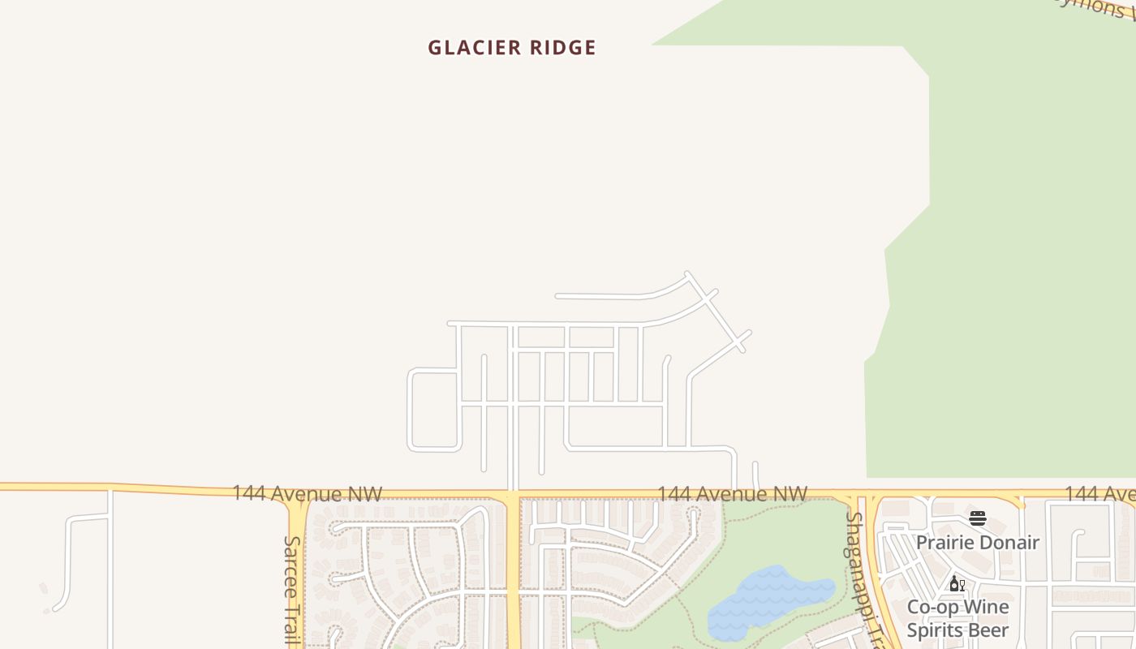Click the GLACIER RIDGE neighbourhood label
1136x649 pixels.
(x=512, y=48)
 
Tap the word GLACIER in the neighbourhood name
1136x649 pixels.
(x=475, y=48)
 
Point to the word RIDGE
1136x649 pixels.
(x=563, y=48)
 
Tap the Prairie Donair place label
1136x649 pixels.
(x=977, y=543)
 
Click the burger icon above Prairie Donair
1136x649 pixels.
(x=977, y=519)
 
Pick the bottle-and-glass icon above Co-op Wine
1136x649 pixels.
(x=957, y=584)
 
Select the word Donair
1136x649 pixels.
(x=1009, y=543)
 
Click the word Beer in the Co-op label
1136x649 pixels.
(x=987, y=630)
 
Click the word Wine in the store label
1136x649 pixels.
(x=986, y=608)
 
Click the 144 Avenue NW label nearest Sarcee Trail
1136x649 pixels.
(x=307, y=493)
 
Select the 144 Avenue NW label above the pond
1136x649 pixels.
(x=732, y=494)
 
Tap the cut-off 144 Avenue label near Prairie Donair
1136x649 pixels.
(x=1099, y=494)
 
